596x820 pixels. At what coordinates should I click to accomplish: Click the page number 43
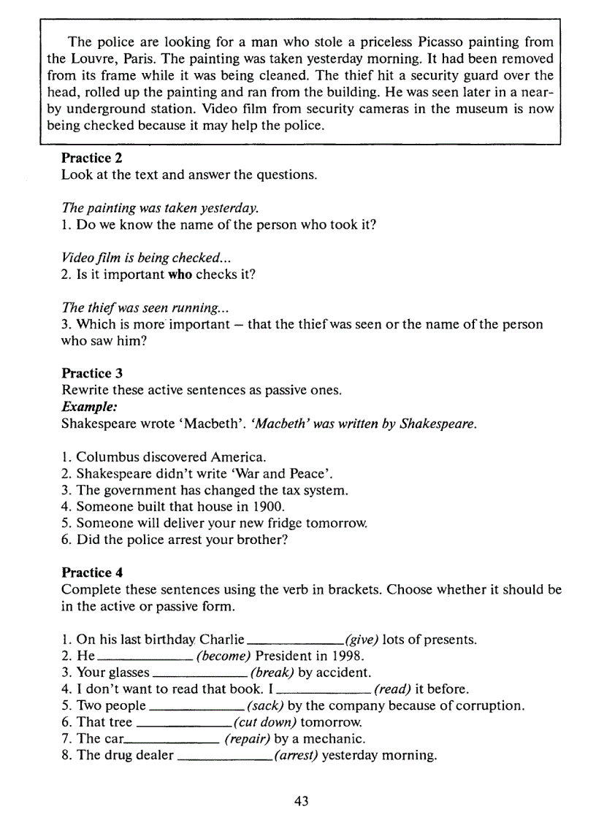(x=302, y=801)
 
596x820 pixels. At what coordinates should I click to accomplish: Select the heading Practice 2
(x=86, y=158)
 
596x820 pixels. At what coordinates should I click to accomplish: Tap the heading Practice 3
(x=86, y=373)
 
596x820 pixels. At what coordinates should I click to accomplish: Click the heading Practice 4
(x=86, y=572)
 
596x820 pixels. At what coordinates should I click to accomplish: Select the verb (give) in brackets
(x=362, y=640)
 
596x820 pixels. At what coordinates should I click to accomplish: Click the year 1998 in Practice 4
(x=347, y=656)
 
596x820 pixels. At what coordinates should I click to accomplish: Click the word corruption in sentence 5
(x=492, y=706)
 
